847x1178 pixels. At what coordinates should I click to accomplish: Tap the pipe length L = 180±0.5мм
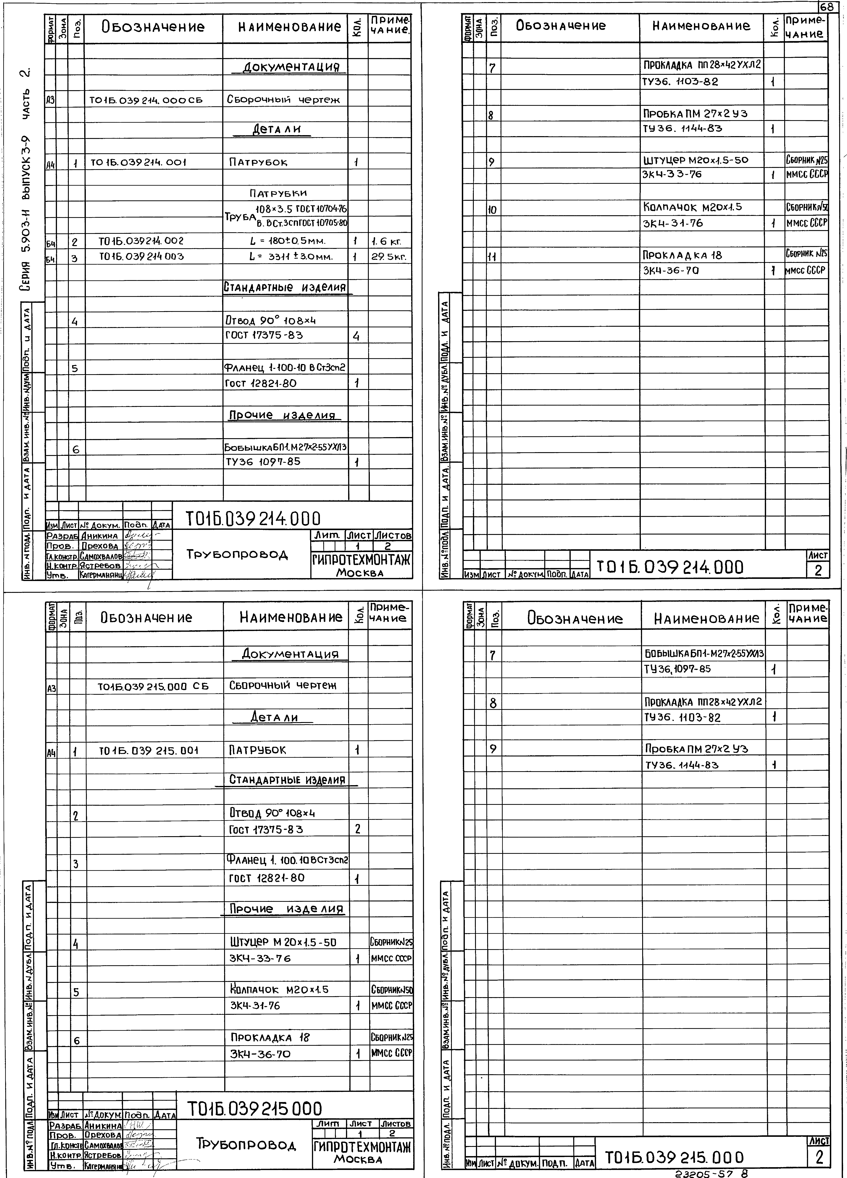(x=287, y=242)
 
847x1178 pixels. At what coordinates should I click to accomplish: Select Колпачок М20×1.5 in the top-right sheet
(x=693, y=207)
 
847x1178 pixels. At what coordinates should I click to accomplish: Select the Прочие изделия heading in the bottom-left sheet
(x=287, y=909)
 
